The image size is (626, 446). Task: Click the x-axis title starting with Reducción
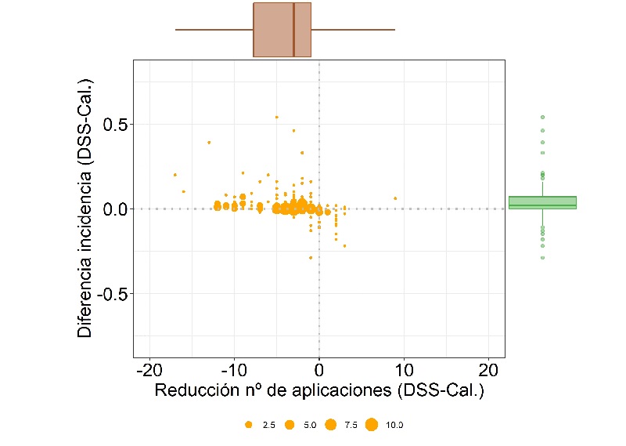[319, 390]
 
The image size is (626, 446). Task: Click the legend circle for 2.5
[248, 425]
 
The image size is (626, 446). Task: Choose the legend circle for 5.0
[289, 425]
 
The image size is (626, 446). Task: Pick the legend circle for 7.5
[330, 425]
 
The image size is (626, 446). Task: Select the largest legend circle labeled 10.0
[372, 425]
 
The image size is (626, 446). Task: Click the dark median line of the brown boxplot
[293, 30]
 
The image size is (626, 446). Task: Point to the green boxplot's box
[542, 202]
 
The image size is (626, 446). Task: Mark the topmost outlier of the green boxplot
[542, 117]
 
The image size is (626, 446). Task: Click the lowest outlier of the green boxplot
[542, 257]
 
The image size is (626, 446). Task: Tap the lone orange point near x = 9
[395, 198]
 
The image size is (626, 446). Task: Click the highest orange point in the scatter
[276, 117]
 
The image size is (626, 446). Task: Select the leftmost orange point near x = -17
[174, 175]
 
